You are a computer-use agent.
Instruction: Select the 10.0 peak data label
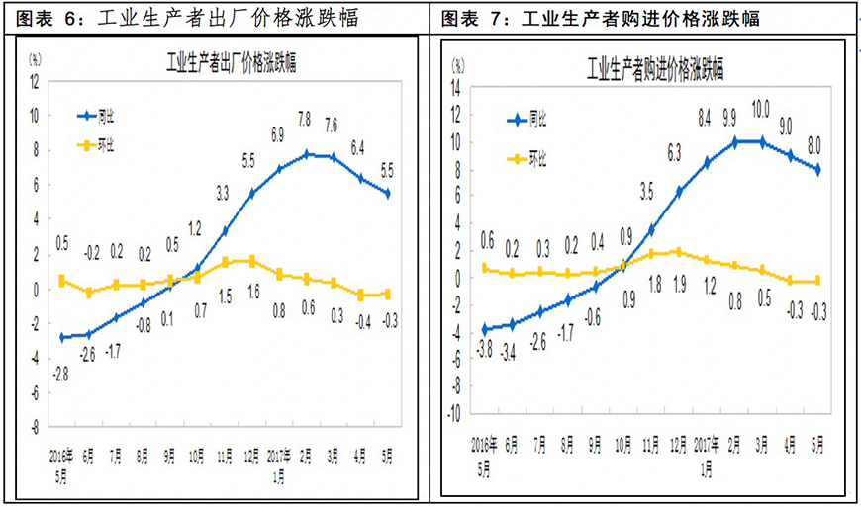(760, 109)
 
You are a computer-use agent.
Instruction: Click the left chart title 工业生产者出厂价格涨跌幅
(231, 66)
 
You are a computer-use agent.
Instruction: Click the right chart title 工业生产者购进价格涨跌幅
(655, 69)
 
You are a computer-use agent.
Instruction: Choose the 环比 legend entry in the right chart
(539, 157)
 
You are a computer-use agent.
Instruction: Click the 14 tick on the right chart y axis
(456, 87)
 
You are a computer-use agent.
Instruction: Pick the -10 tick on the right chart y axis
(454, 415)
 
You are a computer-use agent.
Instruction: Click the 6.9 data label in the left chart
(278, 133)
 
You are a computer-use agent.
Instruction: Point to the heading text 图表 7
(468, 19)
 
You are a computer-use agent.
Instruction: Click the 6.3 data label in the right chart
(676, 152)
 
